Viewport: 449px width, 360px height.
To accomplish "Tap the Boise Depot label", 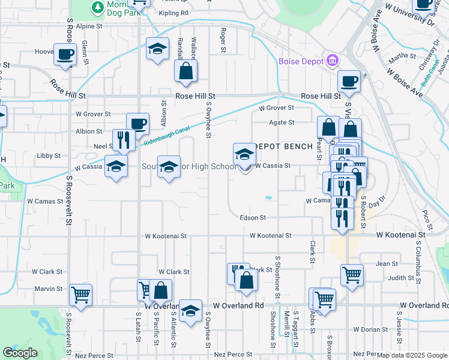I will (301, 61).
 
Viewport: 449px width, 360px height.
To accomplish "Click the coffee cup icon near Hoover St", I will (65, 55).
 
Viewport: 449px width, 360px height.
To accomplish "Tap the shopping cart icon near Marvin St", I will (80, 295).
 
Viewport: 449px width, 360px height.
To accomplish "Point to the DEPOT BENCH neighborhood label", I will (285, 146).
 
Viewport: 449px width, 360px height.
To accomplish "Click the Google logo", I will (20, 353).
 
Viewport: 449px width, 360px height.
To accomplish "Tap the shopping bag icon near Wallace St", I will (186, 71).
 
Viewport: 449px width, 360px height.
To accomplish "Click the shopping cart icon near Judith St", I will (352, 275).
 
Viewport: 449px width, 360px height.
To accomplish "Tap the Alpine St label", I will (89, 27).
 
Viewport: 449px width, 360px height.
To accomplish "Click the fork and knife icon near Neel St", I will (124, 140).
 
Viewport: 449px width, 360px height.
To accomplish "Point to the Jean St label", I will (387, 263).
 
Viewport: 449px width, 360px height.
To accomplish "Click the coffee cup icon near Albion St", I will (138, 124).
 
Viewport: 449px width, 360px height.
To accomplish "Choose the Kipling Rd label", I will (174, 13).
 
